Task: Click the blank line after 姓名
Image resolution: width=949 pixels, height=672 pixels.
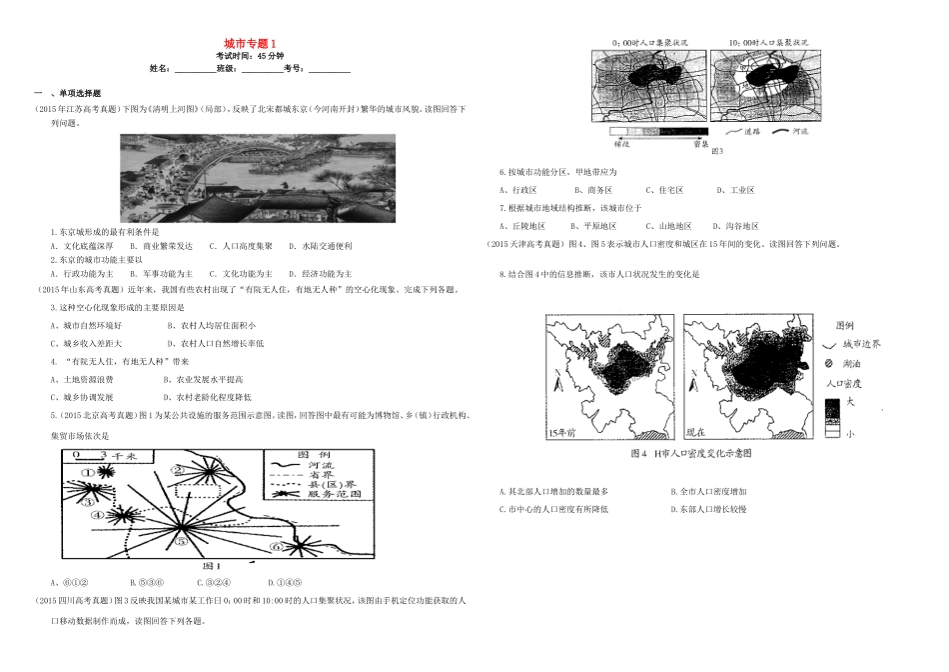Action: [x=194, y=69]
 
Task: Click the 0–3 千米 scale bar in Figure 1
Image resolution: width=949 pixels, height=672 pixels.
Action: [x=88, y=455]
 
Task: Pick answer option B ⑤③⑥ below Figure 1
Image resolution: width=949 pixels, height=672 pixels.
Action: [x=146, y=581]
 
